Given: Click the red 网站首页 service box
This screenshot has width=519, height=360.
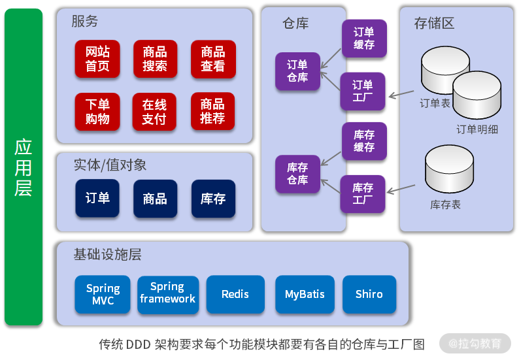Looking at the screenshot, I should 98,59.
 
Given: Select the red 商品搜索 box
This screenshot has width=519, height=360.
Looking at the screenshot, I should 155,59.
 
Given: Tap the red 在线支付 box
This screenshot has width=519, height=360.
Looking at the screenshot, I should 155,112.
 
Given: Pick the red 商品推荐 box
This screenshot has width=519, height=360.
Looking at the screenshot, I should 213,112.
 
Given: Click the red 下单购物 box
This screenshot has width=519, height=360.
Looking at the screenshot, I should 98,112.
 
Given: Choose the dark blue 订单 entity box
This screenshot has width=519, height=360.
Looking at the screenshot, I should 98,198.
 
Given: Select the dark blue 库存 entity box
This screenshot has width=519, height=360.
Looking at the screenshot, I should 213,198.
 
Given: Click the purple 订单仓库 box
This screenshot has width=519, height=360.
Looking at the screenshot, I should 297,71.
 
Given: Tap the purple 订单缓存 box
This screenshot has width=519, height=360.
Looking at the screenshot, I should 364,39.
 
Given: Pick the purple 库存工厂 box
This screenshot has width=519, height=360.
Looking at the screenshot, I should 363,193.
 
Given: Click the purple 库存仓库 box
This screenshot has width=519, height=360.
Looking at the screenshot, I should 297,173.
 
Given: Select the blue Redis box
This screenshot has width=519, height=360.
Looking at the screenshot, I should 235,294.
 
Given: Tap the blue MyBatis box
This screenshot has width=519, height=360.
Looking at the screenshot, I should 305,294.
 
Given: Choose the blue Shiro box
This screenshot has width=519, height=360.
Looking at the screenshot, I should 369,294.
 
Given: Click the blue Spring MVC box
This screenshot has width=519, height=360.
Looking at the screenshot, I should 103,294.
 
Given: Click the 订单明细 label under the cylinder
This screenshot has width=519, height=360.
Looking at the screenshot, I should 477,129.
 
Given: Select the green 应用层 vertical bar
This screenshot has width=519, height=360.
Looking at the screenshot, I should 24,168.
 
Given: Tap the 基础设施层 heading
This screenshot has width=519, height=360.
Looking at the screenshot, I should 108,254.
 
